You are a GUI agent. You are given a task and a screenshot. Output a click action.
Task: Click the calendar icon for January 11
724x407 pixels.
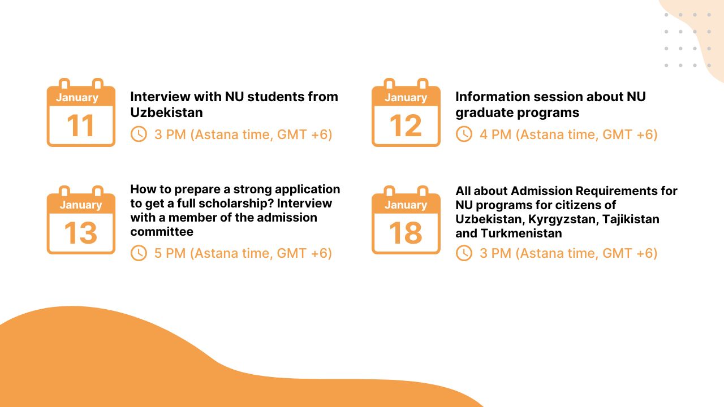[81, 113]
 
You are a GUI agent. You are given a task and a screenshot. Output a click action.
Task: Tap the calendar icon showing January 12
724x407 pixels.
[406, 113]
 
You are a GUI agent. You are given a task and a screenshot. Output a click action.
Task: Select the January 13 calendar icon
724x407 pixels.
[81, 220]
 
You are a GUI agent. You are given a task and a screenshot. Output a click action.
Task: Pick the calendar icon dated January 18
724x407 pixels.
[406, 220]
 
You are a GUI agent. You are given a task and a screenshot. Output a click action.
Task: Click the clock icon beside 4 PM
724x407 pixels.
[464, 134]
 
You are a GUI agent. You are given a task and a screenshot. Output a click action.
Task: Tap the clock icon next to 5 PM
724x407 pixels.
[139, 253]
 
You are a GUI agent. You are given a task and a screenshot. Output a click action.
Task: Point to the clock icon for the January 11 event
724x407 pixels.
[139, 134]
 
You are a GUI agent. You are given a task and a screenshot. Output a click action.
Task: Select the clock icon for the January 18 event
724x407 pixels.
[464, 253]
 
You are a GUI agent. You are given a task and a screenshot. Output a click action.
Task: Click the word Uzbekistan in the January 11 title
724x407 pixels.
[166, 112]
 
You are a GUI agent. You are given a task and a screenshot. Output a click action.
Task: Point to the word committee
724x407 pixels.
[162, 232]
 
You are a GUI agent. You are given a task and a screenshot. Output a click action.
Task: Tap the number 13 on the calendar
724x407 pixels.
[81, 233]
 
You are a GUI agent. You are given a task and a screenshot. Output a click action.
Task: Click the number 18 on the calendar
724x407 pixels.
[406, 233]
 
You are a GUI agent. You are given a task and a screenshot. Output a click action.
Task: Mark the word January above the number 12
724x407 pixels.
[406, 97]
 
